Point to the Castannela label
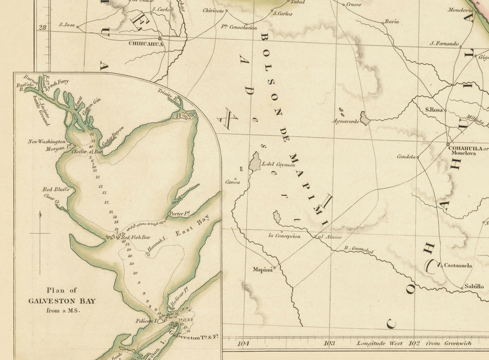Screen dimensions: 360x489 pyautogui.click(x=458, y=265)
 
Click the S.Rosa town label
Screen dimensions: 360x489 pyautogui.click(x=435, y=109)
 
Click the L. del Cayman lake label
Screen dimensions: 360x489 pyautogui.click(x=278, y=164)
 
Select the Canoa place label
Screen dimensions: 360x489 pyautogui.click(x=233, y=182)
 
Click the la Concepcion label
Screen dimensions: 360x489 pyautogui.click(x=284, y=235)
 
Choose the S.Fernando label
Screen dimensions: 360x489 pyautogui.click(x=444, y=44)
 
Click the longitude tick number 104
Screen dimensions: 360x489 pyautogui.click(x=243, y=343)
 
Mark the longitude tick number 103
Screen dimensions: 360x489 pyautogui.click(x=329, y=343)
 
